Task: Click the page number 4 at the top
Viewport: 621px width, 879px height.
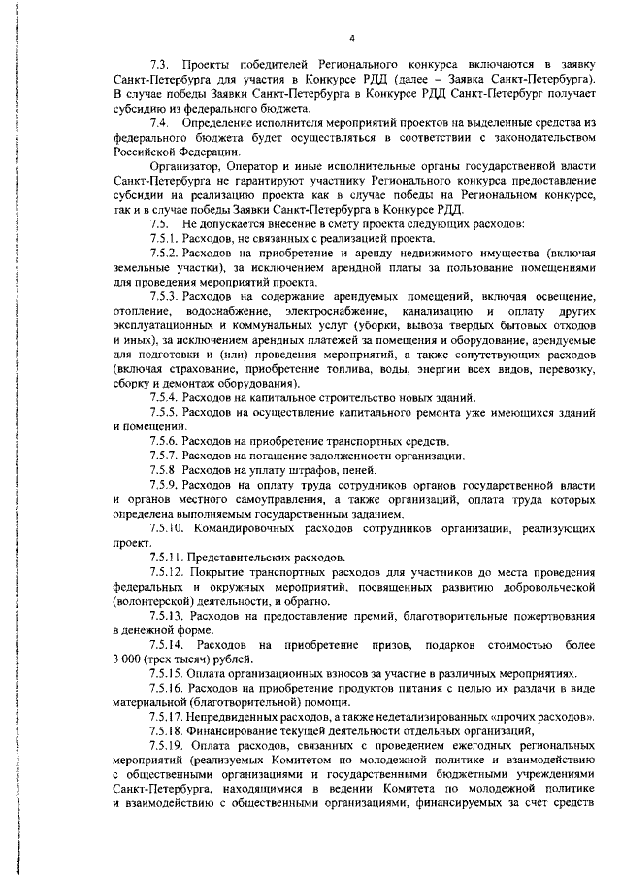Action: pos(352,39)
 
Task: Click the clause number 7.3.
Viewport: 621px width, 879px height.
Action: pos(160,63)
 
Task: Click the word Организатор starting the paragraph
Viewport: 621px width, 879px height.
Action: pos(186,166)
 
